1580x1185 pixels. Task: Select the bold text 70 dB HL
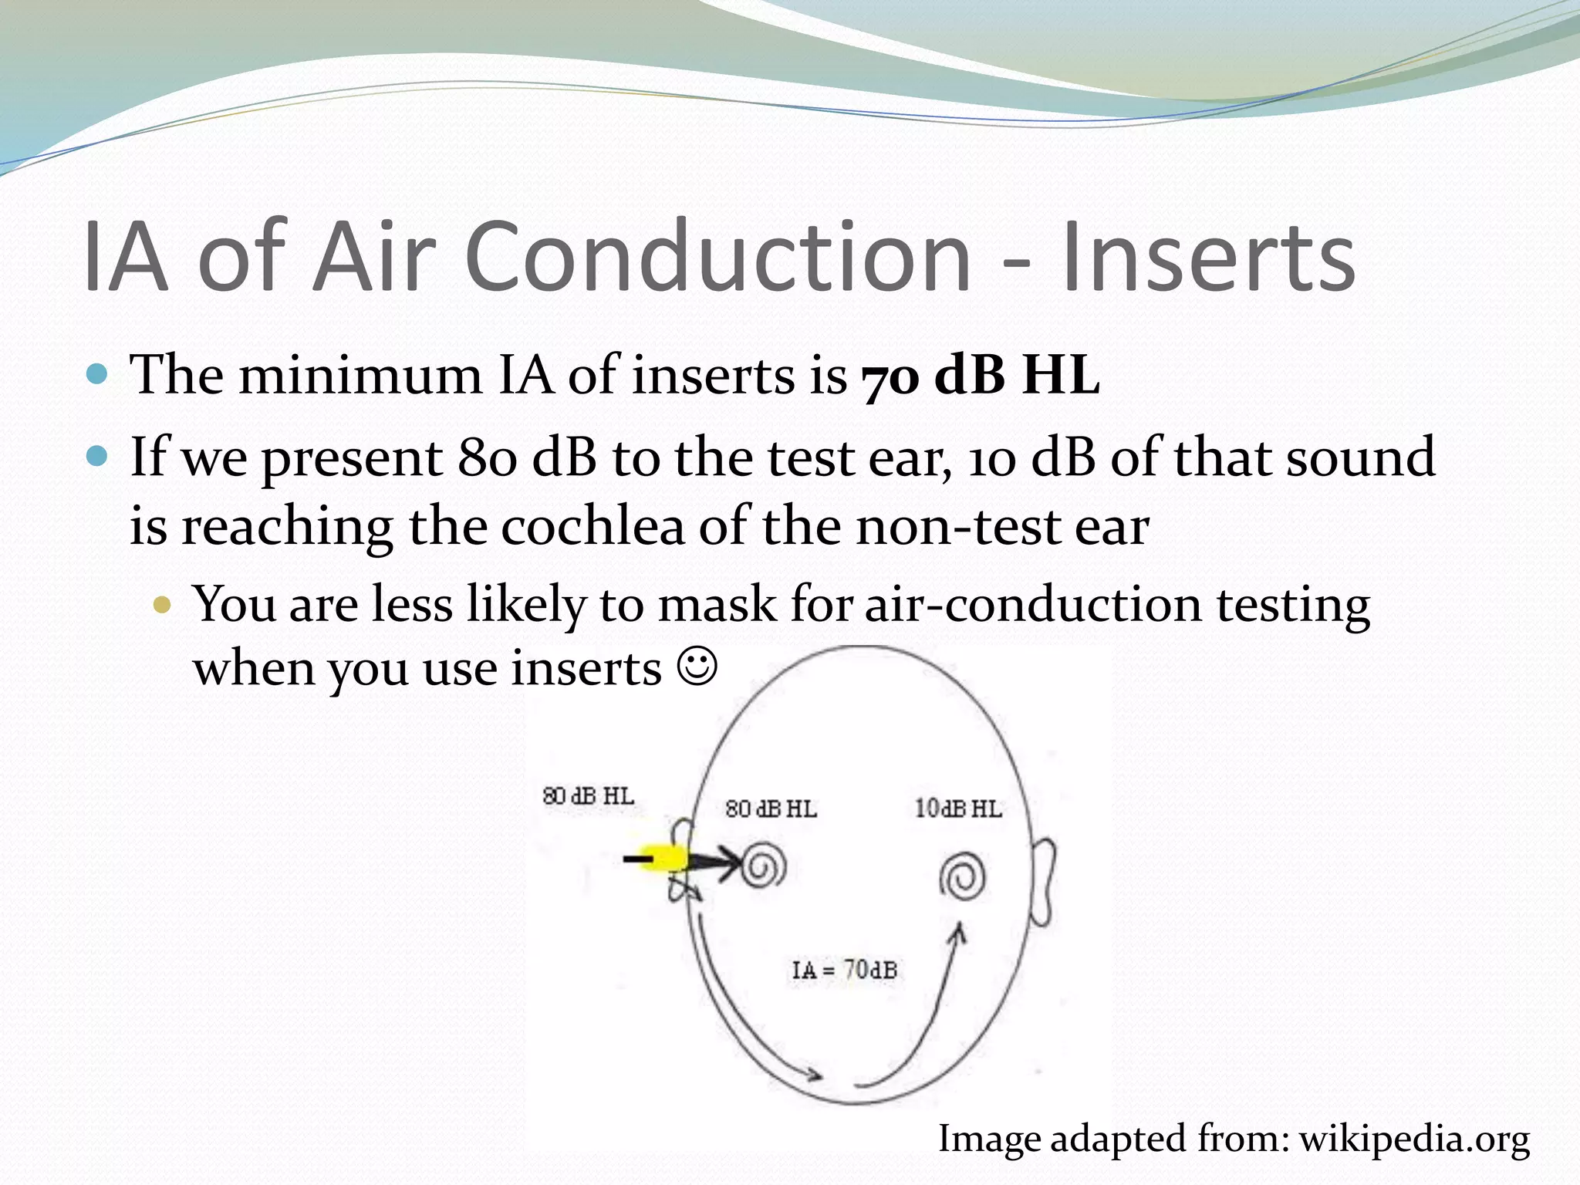pyautogui.click(x=980, y=376)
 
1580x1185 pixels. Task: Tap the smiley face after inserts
pyautogui.click(x=697, y=667)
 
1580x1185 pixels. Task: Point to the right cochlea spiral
pyautogui.click(x=962, y=878)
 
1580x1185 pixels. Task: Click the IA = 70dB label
pyautogui.click(x=844, y=970)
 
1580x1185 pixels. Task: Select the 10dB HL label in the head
pyautogui.click(x=958, y=809)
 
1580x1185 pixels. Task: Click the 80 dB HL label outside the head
pyautogui.click(x=588, y=795)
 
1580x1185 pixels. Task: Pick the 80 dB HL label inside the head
pyautogui.click(x=771, y=809)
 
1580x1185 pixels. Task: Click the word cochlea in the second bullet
pyautogui.click(x=592, y=527)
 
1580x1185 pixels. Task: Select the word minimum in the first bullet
pyautogui.click(x=360, y=376)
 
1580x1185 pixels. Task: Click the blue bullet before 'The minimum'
pyautogui.click(x=97, y=375)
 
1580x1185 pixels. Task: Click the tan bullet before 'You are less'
pyautogui.click(x=161, y=604)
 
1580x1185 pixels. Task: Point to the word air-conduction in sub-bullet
pyautogui.click(x=1032, y=604)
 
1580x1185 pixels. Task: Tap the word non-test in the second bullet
pyautogui.click(x=954, y=527)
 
